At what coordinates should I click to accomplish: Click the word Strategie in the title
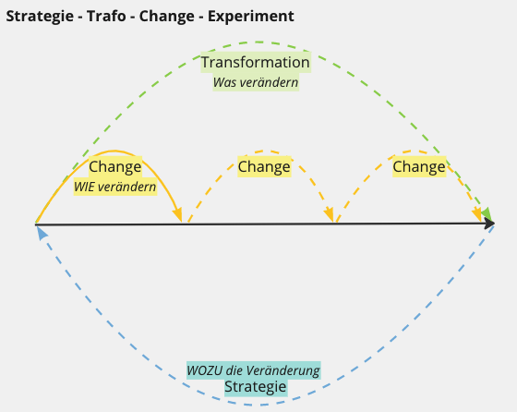coord(40,17)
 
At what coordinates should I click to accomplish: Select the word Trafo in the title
coord(106,16)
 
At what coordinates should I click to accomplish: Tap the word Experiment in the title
coord(250,17)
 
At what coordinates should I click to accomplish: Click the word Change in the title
coord(166,17)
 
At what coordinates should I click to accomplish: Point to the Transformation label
coord(256,62)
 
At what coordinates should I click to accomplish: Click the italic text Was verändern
coord(256,82)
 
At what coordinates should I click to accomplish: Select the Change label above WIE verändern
coord(115,166)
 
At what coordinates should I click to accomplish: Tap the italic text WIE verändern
coord(114,187)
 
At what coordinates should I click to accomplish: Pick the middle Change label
coord(264,166)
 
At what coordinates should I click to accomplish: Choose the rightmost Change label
coord(419,166)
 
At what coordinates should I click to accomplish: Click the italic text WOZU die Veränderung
coord(253,370)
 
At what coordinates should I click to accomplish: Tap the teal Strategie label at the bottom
coord(255,387)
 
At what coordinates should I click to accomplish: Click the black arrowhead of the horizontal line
coord(489,224)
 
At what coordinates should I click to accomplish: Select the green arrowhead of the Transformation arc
coord(487,213)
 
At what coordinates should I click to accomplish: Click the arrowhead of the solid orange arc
coord(177,215)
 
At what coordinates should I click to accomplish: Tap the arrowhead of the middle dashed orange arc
coord(329,215)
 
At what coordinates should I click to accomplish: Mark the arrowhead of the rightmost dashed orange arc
coord(477,215)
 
